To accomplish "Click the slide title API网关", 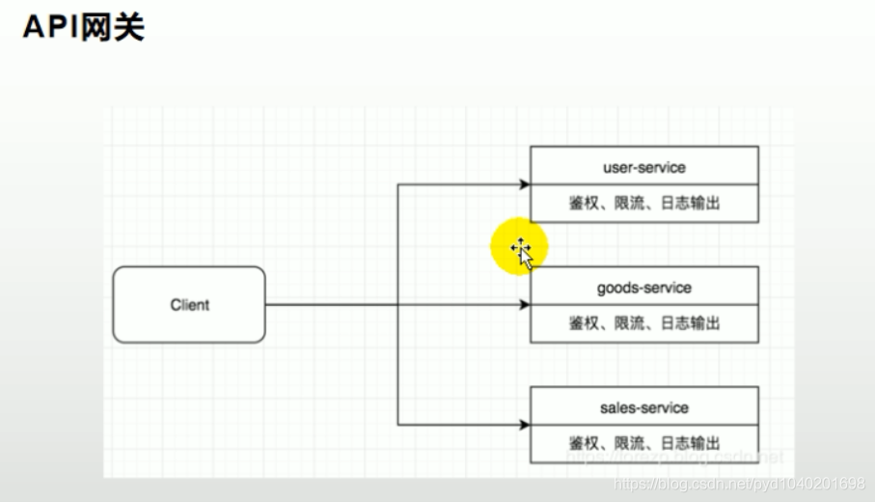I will coord(83,27).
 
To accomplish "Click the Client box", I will coord(189,305).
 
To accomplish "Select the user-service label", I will coord(643,167).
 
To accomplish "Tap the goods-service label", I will coord(643,288).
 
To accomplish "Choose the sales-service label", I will coord(643,407).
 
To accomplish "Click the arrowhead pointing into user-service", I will coord(524,184).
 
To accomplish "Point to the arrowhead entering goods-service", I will coord(524,305).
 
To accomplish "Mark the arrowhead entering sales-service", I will coord(524,425).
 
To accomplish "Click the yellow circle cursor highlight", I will coord(519,247).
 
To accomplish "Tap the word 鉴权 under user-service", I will coord(584,203).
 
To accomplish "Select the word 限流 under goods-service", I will coord(630,323).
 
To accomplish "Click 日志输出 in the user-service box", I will coord(691,203).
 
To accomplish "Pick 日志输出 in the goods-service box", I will coord(691,323).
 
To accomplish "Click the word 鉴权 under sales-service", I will coord(584,443).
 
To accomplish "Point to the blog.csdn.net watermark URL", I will coord(739,483).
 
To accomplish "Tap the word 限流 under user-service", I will coord(630,203).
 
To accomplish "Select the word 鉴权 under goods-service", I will coord(584,323).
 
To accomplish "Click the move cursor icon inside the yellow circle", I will coord(521,250).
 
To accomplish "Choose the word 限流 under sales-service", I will coord(630,443).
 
